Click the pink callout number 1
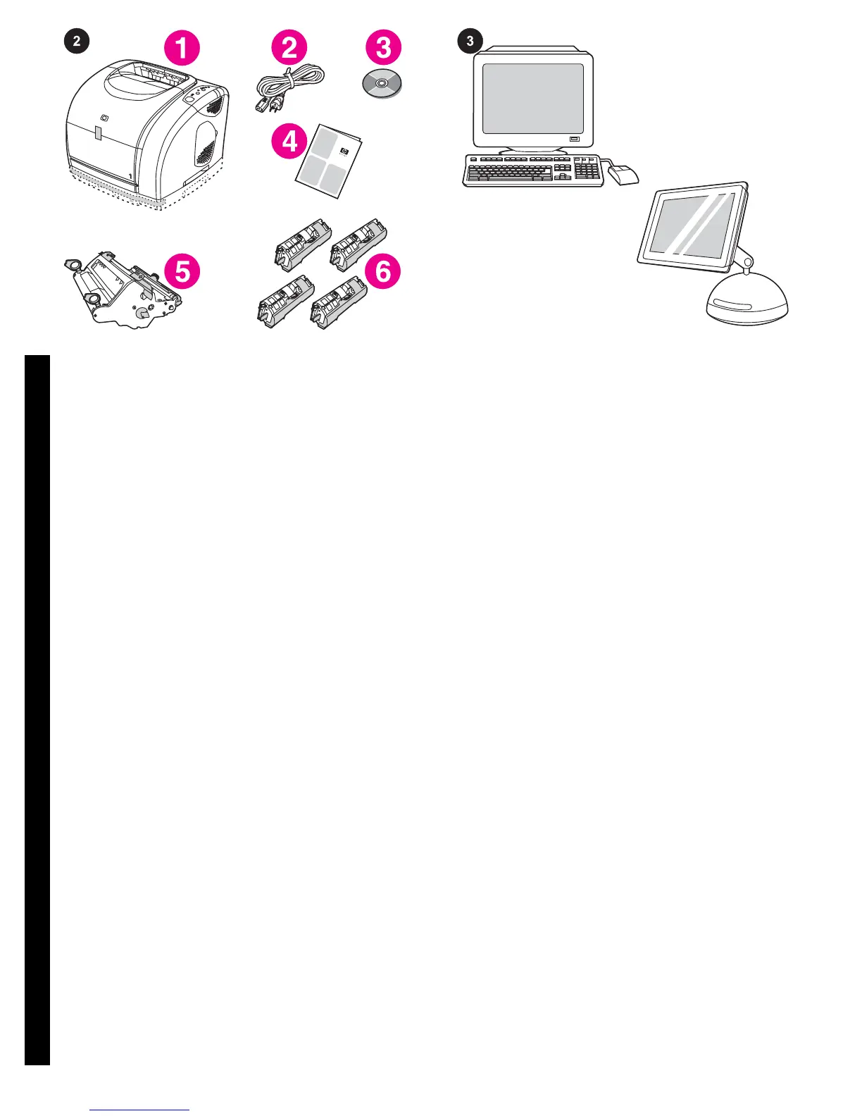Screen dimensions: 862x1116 tap(182, 48)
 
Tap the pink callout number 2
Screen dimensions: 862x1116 tap(289, 48)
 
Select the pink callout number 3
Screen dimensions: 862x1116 tap(383, 48)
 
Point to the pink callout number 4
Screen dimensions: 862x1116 tap(289, 142)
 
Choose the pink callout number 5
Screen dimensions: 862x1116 tap(182, 271)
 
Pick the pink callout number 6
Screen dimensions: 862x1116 tap(383, 271)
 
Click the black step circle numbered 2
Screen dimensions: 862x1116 tap(77, 41)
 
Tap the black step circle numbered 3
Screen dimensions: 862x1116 tap(470, 41)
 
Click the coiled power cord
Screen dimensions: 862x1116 tap(289, 88)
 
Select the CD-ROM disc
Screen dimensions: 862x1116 tap(381, 85)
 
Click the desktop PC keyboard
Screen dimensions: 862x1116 tap(533, 170)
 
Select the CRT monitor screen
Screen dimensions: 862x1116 tap(533, 99)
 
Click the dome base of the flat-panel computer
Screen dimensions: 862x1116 tap(747, 300)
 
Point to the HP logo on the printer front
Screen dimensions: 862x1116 tap(106, 118)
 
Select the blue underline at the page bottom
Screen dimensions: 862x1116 tap(140, 1110)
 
